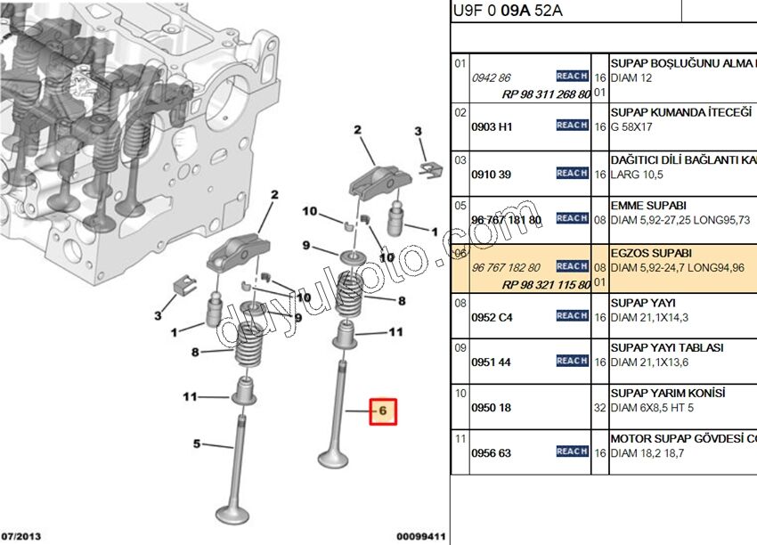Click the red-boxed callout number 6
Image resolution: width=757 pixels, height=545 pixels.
[x=381, y=411]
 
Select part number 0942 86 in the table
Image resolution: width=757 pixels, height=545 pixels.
[x=491, y=77]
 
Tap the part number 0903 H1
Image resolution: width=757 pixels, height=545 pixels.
[x=492, y=126]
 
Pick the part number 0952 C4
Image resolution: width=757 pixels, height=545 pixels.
[x=492, y=316]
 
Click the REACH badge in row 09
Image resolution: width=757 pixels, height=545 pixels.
[x=572, y=361]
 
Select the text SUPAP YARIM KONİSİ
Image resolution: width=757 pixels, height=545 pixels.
[x=667, y=393]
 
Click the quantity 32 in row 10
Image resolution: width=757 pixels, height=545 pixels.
[x=599, y=407]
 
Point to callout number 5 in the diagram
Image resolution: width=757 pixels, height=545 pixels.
[x=198, y=443]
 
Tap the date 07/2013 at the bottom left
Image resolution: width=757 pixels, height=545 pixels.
[x=20, y=537]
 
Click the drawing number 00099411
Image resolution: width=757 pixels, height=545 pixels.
[x=420, y=537]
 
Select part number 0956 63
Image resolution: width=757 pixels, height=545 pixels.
[x=491, y=452]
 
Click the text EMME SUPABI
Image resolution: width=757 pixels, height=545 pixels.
[x=647, y=205]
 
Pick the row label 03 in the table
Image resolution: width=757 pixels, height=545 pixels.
[x=460, y=160]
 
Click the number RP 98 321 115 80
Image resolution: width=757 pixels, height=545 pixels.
[x=546, y=284]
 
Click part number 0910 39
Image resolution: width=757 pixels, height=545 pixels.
[x=491, y=174]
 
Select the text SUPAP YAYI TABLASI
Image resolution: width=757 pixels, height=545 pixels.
[x=666, y=347]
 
